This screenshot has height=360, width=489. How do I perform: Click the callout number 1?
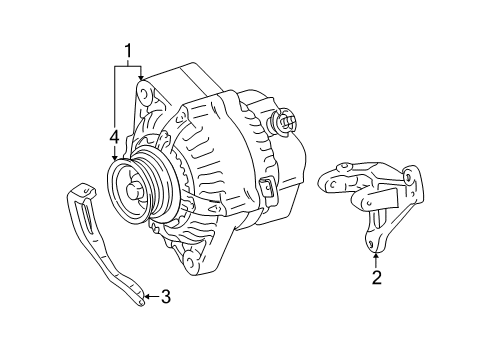[x=128, y=51]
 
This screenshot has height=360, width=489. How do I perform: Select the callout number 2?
[x=376, y=277]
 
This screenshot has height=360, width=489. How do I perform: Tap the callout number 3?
[x=166, y=296]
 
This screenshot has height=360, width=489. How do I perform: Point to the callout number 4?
[x=114, y=137]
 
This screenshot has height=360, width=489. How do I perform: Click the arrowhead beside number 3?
[x=147, y=296]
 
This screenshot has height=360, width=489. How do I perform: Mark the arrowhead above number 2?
[x=376, y=256]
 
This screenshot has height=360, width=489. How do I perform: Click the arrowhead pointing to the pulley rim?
[x=115, y=158]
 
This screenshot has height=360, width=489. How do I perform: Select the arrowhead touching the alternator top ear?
[x=141, y=77]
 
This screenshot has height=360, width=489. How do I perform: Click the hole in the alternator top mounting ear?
[x=144, y=94]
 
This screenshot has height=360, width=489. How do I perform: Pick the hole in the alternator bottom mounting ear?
[x=190, y=259]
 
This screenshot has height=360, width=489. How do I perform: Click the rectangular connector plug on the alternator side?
[x=267, y=190]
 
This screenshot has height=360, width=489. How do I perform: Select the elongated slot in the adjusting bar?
[x=87, y=220]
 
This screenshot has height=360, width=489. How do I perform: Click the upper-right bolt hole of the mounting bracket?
[x=408, y=177]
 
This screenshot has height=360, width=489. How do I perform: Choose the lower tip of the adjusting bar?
[x=142, y=303]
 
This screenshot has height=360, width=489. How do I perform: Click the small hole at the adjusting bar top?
[x=86, y=191]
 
